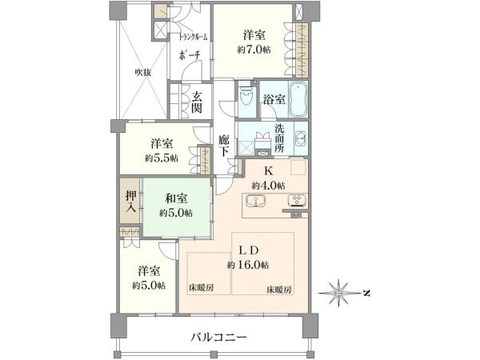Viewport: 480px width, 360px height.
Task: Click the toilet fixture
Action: pos(246,95)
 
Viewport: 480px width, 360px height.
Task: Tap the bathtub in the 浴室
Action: pos(298,99)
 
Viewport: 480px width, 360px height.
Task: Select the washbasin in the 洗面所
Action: pos(301,138)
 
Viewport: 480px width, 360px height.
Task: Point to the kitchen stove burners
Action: pos(296,201)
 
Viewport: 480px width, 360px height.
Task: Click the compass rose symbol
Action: pos(338,293)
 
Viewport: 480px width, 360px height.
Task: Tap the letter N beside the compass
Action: pos(366,294)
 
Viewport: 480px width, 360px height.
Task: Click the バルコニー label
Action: pos(218,338)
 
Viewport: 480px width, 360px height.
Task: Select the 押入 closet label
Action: pos(130,202)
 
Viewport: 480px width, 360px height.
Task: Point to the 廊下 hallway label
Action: pos(224,146)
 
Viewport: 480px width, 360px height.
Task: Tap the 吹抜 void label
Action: pos(142,73)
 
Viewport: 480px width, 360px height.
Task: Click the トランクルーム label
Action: pos(193,37)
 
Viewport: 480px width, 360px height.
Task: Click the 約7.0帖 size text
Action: pos(254,50)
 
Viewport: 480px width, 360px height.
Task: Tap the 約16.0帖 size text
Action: pos(248,265)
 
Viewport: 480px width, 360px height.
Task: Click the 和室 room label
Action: pos(176,198)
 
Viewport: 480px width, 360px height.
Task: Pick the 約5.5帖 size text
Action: pos(162,158)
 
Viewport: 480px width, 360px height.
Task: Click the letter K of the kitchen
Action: pos(269,171)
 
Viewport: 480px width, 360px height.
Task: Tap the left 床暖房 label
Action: pos(201,287)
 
